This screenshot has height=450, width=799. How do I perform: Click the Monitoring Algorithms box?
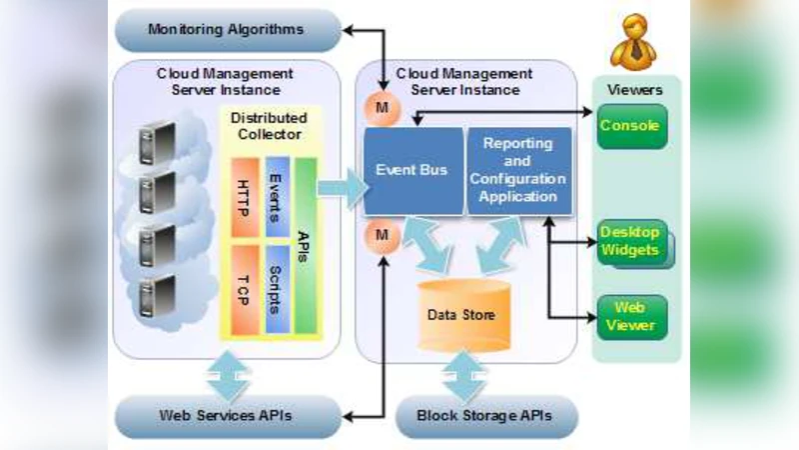pyautogui.click(x=225, y=29)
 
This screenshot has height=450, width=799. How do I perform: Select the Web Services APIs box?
pyautogui.click(x=225, y=415)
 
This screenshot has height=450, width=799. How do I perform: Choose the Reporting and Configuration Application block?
pyautogui.click(x=517, y=171)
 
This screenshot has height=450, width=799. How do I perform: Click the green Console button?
pyautogui.click(x=631, y=126)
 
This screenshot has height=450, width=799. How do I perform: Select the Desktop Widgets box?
pyautogui.click(x=630, y=242)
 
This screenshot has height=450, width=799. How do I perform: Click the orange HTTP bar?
pyautogui.click(x=246, y=196)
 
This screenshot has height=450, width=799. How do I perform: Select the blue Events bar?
pyautogui.click(x=277, y=196)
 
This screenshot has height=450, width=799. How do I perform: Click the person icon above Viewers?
pyautogui.click(x=636, y=43)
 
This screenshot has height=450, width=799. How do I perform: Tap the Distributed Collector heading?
pyautogui.click(x=269, y=126)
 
